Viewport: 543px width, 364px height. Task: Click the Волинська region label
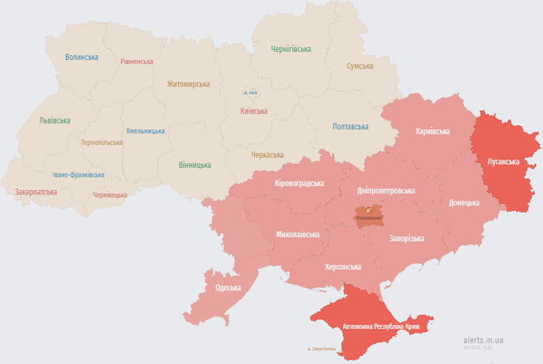[81, 57]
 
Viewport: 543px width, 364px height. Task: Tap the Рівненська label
[136, 61]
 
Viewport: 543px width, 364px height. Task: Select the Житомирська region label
[188, 84]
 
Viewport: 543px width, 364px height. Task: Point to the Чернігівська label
[291, 49]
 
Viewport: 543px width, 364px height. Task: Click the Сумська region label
[360, 66]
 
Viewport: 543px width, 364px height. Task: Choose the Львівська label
[54, 120]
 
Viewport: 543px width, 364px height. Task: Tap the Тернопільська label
[101, 142]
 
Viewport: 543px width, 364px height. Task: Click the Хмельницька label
[145, 131]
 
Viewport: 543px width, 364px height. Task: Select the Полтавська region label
[350, 127]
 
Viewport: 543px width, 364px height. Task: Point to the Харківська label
[432, 131]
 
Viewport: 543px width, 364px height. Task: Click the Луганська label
[503, 161]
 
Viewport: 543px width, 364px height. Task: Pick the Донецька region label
[464, 203]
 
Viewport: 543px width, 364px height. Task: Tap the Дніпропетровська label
[386, 190]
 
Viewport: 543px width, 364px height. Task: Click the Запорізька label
[407, 239]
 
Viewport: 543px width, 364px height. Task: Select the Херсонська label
[343, 267]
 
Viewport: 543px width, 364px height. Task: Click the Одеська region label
[228, 287]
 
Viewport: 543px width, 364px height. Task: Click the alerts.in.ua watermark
[482, 340]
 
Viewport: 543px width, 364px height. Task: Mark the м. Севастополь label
[322, 349]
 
